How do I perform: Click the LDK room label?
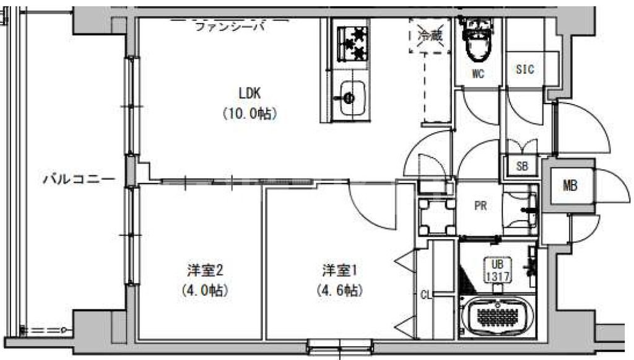(251, 93)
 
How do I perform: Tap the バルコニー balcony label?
(79, 180)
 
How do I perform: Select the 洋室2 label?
(205, 270)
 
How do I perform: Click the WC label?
(477, 74)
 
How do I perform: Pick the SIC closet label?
(524, 69)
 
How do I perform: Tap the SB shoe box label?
(522, 165)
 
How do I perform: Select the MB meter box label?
(570, 185)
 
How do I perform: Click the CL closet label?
(425, 295)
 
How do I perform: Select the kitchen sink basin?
(350, 99)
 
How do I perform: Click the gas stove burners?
(350, 43)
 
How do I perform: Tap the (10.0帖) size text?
(250, 113)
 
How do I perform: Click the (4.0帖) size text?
(205, 290)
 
